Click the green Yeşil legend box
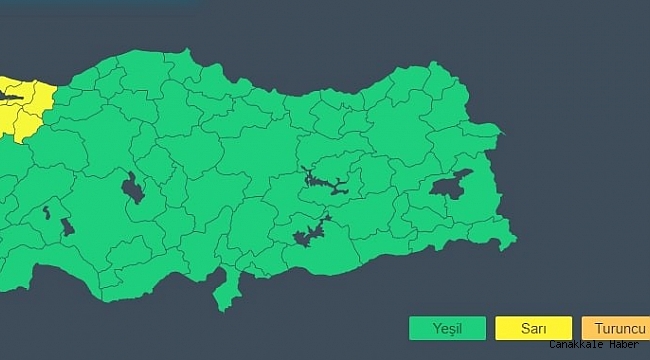coord(447,328)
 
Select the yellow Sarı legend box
coord(534,328)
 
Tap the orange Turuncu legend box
coord(615,328)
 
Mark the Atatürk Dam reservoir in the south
coord(310,235)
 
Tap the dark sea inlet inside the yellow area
coord(10,96)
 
